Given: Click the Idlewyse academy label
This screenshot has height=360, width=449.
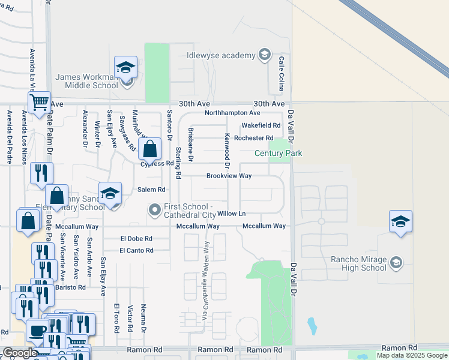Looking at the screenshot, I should tap(221, 56).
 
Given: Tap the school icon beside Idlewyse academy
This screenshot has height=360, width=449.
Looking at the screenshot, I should tap(264, 56).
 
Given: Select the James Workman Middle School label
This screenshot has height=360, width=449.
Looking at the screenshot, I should tap(87, 81).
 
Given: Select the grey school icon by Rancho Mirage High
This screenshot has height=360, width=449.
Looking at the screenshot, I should tap(396, 262).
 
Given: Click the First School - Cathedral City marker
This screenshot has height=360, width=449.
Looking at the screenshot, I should tap(155, 210).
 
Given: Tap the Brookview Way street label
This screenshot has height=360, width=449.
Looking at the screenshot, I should tap(229, 176).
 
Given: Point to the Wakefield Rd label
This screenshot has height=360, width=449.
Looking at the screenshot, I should tap(261, 125).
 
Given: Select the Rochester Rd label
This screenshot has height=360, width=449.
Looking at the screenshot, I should tap(253, 138).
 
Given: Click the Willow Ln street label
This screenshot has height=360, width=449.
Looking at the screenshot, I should tap(232, 214).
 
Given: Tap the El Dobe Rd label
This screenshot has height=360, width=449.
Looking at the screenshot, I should tap(136, 238).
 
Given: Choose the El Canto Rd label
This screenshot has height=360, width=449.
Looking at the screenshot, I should tap(136, 250).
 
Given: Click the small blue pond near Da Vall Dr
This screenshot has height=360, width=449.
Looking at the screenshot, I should tap(312, 326).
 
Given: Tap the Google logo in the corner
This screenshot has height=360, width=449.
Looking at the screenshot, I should tap(20, 353).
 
